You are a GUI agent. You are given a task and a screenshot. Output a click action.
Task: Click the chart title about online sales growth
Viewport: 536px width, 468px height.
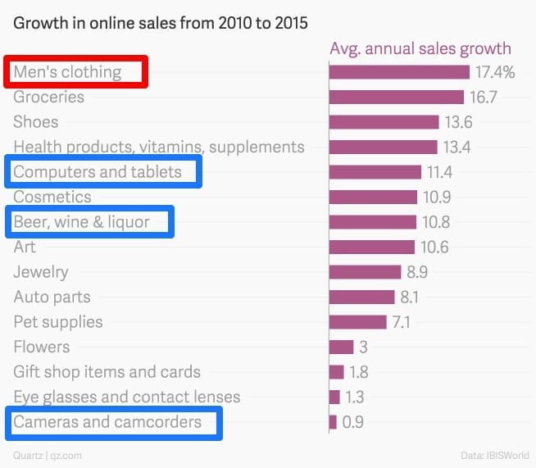click(160, 23)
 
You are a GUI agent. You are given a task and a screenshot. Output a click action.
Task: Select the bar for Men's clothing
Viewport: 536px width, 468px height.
click(399, 72)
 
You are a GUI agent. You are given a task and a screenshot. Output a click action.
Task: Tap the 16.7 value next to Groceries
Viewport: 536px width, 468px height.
click(483, 98)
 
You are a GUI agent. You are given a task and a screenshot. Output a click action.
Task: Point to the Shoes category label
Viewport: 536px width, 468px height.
click(36, 122)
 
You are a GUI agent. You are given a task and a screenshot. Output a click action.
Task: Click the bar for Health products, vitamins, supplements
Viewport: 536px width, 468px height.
click(383, 148)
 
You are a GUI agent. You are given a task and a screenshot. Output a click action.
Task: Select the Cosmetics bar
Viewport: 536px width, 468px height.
click(373, 198)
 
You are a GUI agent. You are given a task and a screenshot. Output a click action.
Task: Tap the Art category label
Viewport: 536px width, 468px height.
click(25, 247)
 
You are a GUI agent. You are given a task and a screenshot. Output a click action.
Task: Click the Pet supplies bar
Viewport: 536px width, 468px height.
click(357, 322)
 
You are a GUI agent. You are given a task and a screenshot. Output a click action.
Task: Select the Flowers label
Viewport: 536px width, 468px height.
click(42, 347)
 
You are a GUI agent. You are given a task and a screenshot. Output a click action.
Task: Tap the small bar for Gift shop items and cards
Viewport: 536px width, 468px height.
click(336, 372)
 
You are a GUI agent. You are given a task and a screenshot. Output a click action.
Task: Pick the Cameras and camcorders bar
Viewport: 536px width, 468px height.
click(333, 422)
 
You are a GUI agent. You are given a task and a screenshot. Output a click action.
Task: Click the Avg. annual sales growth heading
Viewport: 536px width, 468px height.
click(420, 48)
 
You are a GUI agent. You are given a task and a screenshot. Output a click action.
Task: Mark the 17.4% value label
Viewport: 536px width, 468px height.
click(496, 72)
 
